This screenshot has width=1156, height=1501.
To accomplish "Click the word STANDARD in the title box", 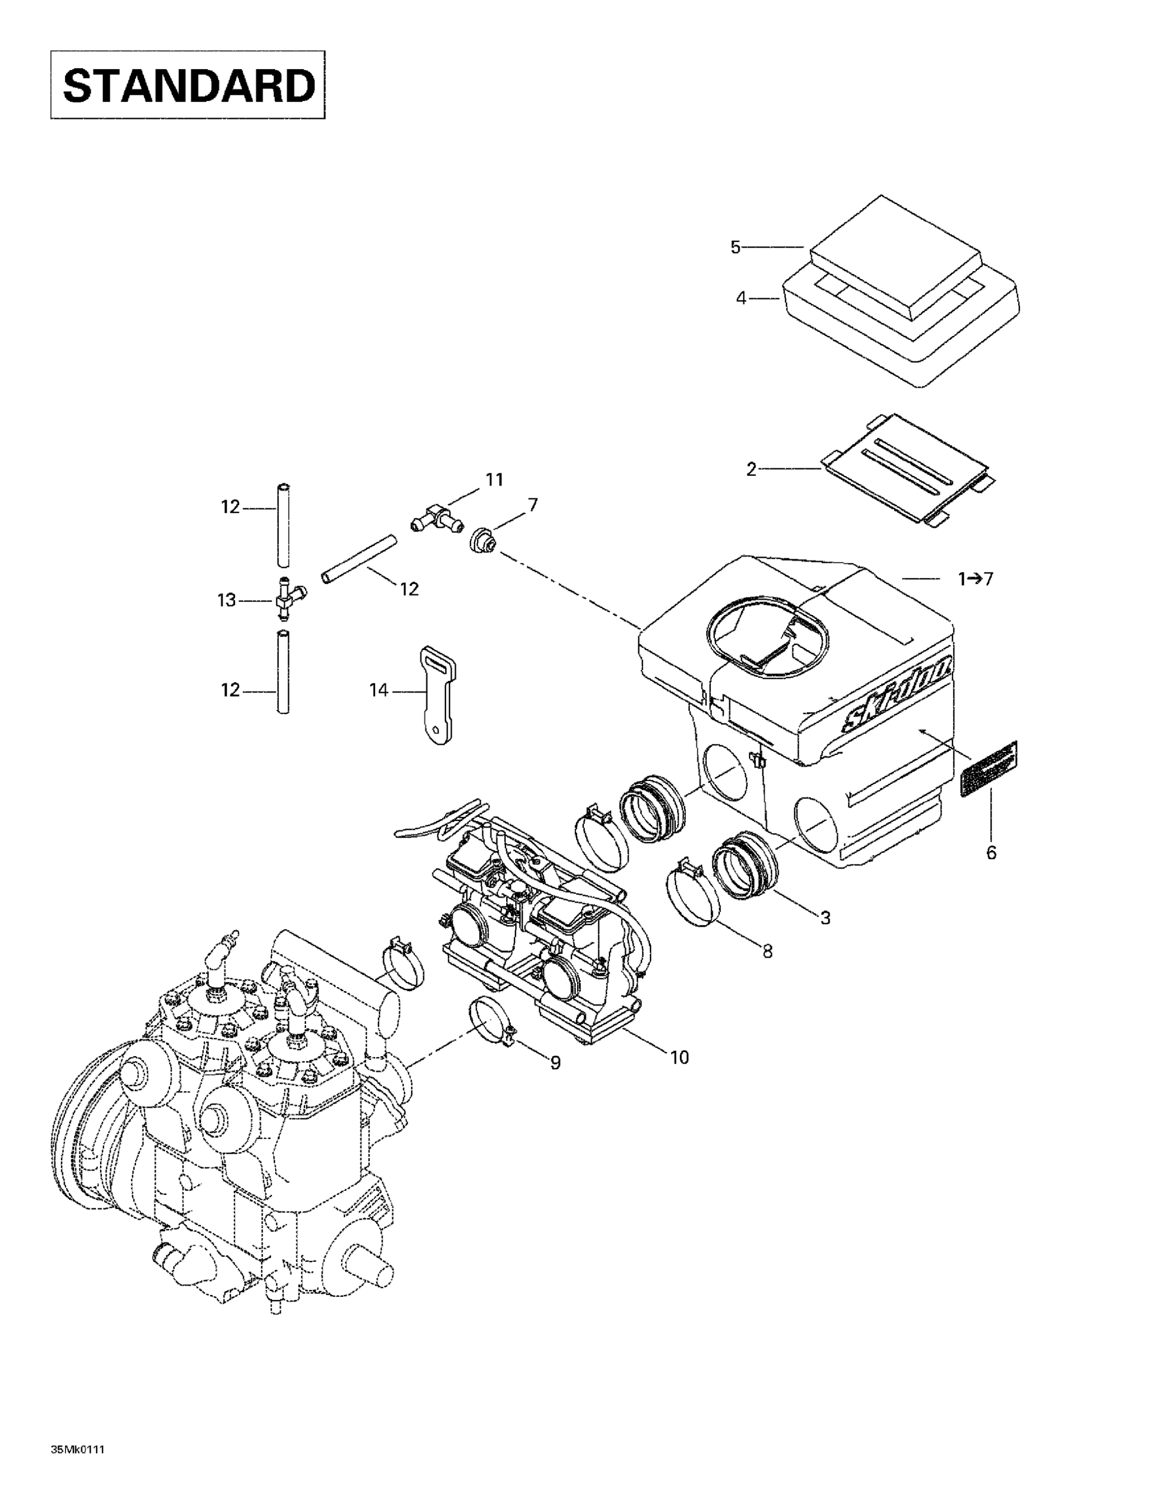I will tap(188, 85).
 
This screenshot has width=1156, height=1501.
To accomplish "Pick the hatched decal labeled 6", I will tap(987, 768).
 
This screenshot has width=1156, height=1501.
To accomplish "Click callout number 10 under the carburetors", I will tap(679, 1057).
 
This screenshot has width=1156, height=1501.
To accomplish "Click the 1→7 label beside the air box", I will tap(975, 579).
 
